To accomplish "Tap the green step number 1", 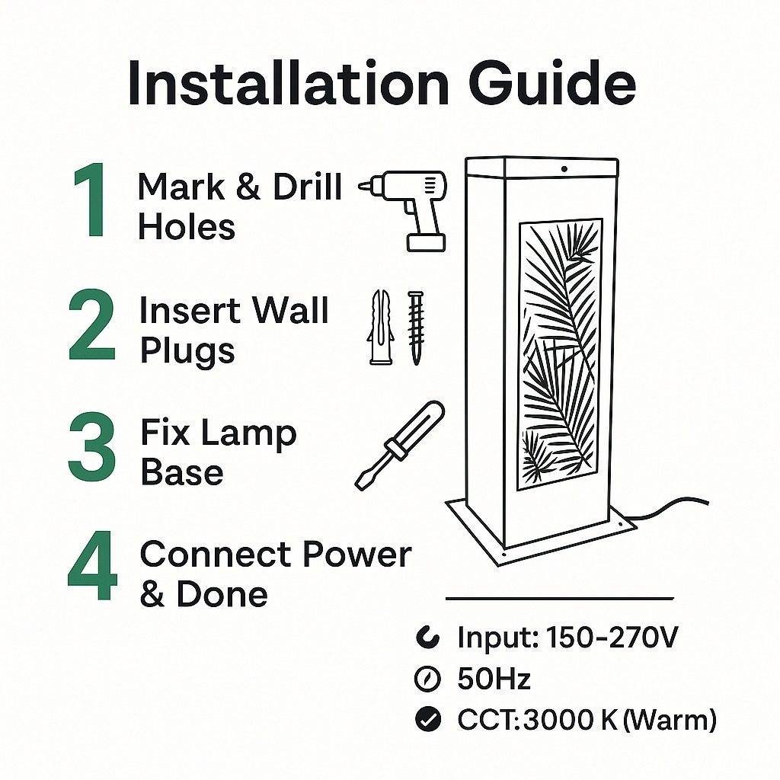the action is (90, 200).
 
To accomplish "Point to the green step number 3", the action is (92, 446).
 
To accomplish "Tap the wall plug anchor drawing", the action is (381, 328).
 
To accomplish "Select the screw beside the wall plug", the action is (416, 328).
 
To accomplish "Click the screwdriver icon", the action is (399, 445).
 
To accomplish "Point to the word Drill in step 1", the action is (308, 187).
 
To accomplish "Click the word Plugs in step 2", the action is (187, 350).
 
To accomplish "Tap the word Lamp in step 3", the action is (249, 433).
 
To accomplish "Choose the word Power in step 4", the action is (357, 554).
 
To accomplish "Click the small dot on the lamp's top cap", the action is (564, 169).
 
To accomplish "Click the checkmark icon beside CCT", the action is (428, 719).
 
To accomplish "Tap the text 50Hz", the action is (494, 679).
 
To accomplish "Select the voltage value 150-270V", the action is (612, 638).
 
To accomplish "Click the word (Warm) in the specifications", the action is (669, 720).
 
